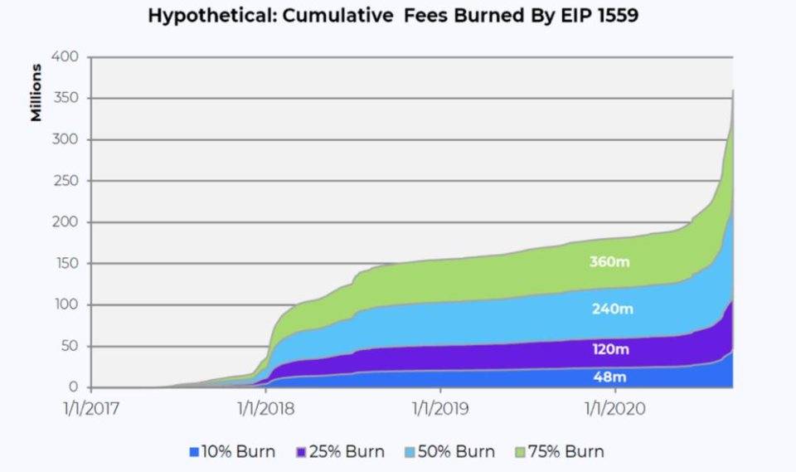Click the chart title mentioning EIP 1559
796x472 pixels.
(394, 16)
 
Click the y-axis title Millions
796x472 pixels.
(37, 90)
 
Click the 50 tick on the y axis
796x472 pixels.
(72, 346)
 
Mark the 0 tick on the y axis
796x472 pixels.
(75, 387)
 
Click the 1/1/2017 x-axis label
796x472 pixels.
(91, 409)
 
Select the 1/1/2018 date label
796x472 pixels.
(266, 409)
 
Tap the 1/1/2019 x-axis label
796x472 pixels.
(441, 409)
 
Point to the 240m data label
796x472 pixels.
(612, 309)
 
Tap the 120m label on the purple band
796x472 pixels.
(612, 349)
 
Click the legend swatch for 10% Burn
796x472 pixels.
(194, 452)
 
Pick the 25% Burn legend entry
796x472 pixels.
(340, 452)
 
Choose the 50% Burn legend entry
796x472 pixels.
(449, 452)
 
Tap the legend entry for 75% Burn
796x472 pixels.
(560, 452)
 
